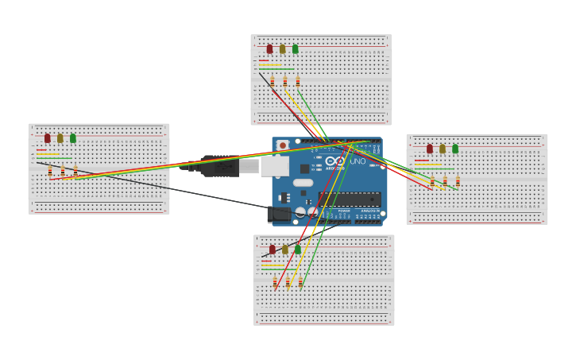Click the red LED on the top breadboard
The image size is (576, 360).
coord(269,49)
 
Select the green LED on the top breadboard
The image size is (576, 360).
coord(295,49)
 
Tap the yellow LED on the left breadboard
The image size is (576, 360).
coord(60,138)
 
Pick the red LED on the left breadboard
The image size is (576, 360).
coord(47,138)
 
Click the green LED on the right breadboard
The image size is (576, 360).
coord(455,149)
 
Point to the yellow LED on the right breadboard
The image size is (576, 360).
coord(443,149)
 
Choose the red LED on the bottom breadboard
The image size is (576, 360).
coord(273,250)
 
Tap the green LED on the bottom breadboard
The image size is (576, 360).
coord(298,250)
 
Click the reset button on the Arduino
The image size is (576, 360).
coord(282,145)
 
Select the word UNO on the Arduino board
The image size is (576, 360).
coord(358,161)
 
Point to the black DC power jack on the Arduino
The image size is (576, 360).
coord(279,214)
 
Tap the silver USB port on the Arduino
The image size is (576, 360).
coord(274,166)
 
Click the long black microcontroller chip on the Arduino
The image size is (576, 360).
coord(349,199)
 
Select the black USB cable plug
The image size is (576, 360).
coord(219,166)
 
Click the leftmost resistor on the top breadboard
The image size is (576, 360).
coord(273,81)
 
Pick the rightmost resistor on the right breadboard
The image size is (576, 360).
coord(458,181)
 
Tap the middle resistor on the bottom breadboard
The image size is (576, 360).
coord(288,282)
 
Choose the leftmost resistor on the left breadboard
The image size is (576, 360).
coord(50,171)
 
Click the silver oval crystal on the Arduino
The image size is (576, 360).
coord(303,183)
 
